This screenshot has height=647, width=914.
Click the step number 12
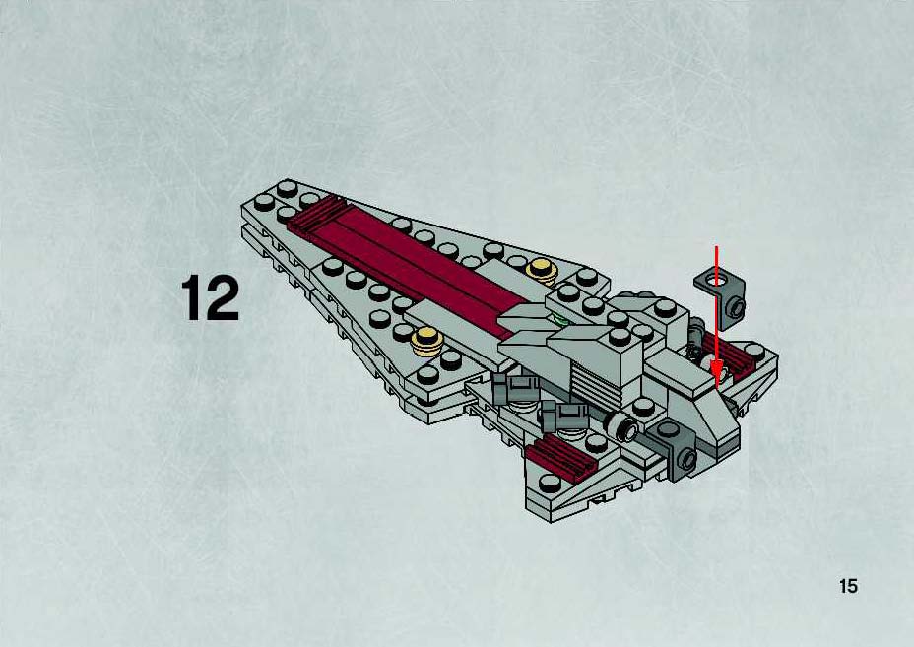coord(211,297)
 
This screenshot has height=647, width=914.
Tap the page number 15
coord(848,585)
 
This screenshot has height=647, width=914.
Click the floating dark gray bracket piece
coord(722,294)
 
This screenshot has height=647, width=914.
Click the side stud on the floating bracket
coord(738,306)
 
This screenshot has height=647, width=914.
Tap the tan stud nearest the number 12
coord(424,339)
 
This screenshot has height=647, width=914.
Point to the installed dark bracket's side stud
coord(688,459)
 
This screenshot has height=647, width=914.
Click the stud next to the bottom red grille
coord(550,482)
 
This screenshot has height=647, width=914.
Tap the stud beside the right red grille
coord(754,351)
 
